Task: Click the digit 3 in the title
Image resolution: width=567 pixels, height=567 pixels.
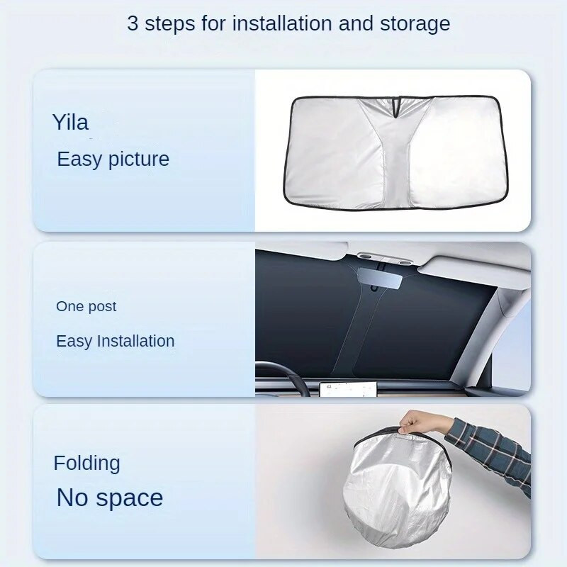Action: click(x=133, y=24)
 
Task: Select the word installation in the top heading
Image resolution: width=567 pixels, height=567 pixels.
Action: click(x=282, y=23)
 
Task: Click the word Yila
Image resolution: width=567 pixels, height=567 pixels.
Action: click(x=70, y=122)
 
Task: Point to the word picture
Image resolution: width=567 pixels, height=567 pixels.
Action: click(x=138, y=159)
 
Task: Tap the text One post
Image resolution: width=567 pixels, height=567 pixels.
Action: click(x=86, y=307)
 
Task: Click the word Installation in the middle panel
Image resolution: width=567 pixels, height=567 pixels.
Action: click(x=136, y=341)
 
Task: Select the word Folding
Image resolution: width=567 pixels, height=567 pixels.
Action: click(x=86, y=464)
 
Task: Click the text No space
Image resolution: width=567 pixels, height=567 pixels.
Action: click(x=110, y=498)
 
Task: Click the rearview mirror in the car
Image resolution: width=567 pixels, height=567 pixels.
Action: click(x=380, y=278)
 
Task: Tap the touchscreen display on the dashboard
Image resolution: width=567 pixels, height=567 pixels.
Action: click(x=348, y=389)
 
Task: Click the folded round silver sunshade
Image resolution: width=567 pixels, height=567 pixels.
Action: click(x=398, y=488)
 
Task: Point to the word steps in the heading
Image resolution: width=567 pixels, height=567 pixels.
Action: click(x=169, y=25)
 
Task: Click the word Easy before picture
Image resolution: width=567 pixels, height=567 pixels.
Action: click(x=79, y=159)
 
